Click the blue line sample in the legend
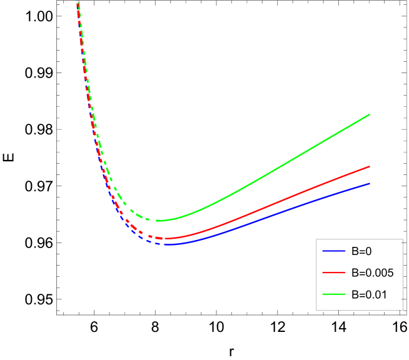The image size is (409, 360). [x=334, y=251]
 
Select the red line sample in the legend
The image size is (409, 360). [x=334, y=272]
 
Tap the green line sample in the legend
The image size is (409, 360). [x=334, y=294]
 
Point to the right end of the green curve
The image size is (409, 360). [x=370, y=114]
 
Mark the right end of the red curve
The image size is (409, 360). [x=370, y=166]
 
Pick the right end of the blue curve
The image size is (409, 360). [x=370, y=183]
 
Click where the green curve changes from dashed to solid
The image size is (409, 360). [x=156, y=220]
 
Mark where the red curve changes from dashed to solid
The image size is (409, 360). [x=163, y=238]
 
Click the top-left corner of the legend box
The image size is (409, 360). [x=316, y=239]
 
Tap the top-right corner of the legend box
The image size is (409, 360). [x=403, y=239]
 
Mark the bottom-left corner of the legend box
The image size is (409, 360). [x=316, y=310]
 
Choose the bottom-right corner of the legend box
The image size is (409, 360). [x=403, y=310]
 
